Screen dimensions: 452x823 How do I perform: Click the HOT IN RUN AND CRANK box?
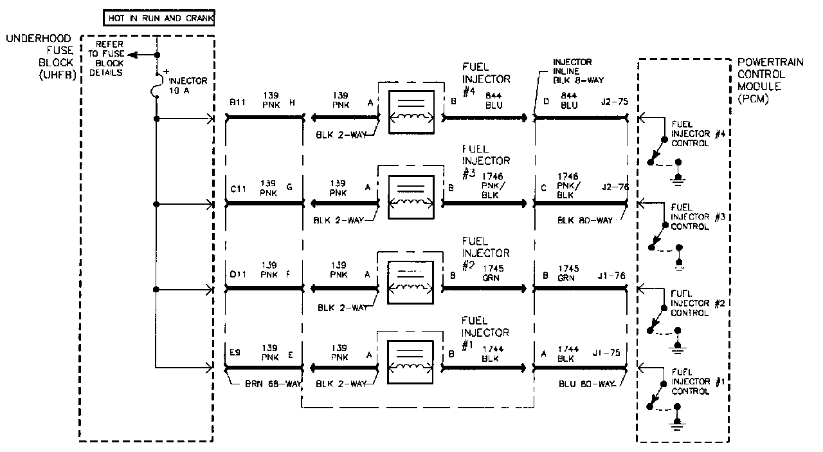158,18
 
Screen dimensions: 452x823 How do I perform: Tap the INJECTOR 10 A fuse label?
188,86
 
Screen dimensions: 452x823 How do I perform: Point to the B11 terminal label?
238,102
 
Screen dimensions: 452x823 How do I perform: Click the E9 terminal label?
235,353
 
